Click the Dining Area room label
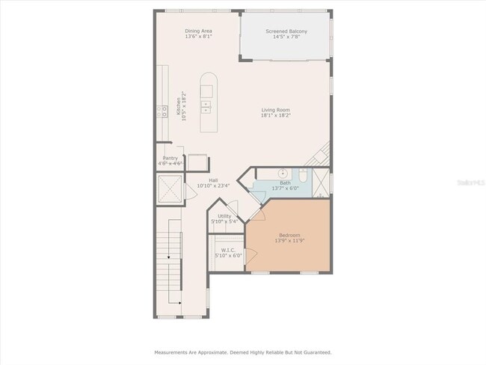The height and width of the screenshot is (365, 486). pos(198,31)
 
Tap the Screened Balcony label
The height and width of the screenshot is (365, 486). pos(286,31)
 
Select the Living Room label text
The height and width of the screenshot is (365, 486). pos(276,110)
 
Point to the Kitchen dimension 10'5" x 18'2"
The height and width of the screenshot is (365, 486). pos(183,106)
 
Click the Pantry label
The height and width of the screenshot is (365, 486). pos(170,158)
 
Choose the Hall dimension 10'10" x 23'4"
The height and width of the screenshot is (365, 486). pos(213,185)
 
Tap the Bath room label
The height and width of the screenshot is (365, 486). pos(285,183)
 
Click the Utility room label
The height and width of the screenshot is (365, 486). pos(224,216)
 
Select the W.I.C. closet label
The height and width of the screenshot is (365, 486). pos(228,250)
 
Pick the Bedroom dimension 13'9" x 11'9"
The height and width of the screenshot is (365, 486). pos(289,240)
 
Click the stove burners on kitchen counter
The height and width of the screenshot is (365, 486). pos(162,111)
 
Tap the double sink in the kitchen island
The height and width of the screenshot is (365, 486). pos(206,107)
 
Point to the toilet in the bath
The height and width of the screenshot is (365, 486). pos(303,175)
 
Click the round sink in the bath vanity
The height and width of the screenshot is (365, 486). pos(283,173)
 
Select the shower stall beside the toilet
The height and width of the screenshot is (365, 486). pos(321,182)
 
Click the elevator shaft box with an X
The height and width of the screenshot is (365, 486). pos(170,188)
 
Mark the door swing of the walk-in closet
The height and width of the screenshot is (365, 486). pos(251,256)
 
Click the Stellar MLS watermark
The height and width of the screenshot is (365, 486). pos(471,182)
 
